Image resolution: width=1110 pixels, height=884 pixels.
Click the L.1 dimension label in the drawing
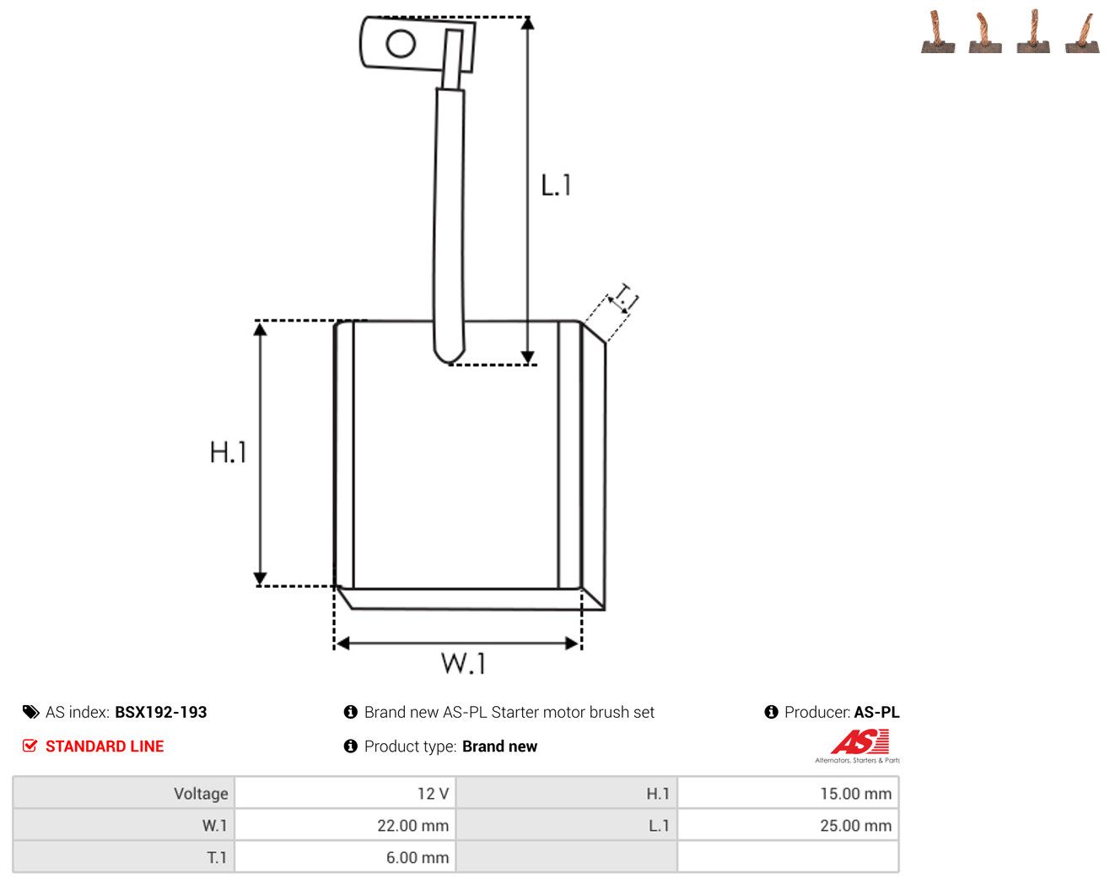(556, 185)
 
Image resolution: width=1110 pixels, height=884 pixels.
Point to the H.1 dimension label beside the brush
(228, 452)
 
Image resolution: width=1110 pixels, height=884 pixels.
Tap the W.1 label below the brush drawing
(463, 663)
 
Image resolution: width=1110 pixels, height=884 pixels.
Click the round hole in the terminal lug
(401, 43)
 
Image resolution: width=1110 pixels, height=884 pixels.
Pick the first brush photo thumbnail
(938, 31)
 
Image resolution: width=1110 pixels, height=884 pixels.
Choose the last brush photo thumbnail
(1082, 33)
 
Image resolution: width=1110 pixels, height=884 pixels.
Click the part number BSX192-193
(160, 712)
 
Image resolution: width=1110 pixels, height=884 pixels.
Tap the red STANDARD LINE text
(105, 746)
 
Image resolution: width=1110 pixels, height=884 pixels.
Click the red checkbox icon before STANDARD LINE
(30, 746)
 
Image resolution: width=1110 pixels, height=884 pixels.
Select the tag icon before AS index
(31, 712)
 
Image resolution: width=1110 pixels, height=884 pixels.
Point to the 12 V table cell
(345, 793)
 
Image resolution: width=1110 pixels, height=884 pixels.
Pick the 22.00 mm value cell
(345, 825)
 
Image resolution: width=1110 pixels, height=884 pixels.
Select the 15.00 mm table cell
(788, 793)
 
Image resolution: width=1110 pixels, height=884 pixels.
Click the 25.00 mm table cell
(788, 825)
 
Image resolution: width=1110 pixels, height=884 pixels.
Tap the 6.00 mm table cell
(345, 857)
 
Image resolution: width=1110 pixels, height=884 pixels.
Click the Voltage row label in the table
(201, 793)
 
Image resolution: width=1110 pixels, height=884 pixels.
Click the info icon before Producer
(771, 712)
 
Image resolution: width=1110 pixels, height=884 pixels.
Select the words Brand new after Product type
(499, 746)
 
